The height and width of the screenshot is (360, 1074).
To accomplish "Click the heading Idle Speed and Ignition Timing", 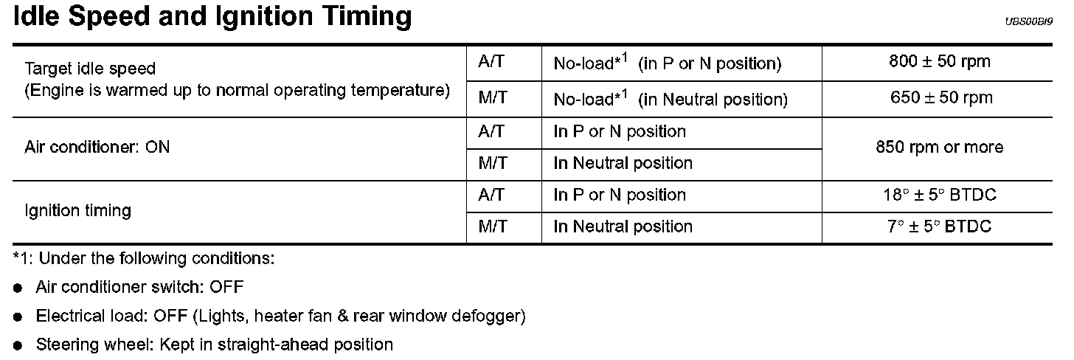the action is [212, 16].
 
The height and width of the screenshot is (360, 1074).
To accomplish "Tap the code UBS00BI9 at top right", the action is [1030, 21].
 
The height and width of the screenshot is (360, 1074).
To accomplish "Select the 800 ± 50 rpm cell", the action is [940, 62].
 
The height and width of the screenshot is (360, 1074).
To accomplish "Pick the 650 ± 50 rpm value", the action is [940, 97].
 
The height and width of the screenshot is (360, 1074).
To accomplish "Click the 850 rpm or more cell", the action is [940, 148].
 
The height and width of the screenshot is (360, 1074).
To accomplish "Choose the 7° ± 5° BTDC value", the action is [940, 226].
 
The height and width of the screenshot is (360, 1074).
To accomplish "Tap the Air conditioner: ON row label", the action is [97, 147].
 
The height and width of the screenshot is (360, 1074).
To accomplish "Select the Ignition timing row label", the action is [77, 210].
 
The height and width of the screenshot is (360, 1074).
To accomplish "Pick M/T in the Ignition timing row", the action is [492, 226].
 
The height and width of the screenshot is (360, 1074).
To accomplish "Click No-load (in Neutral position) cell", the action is [670, 99].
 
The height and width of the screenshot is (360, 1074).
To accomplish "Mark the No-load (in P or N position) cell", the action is [666, 63].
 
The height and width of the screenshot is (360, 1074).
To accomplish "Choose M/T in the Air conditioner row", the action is [492, 163].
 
